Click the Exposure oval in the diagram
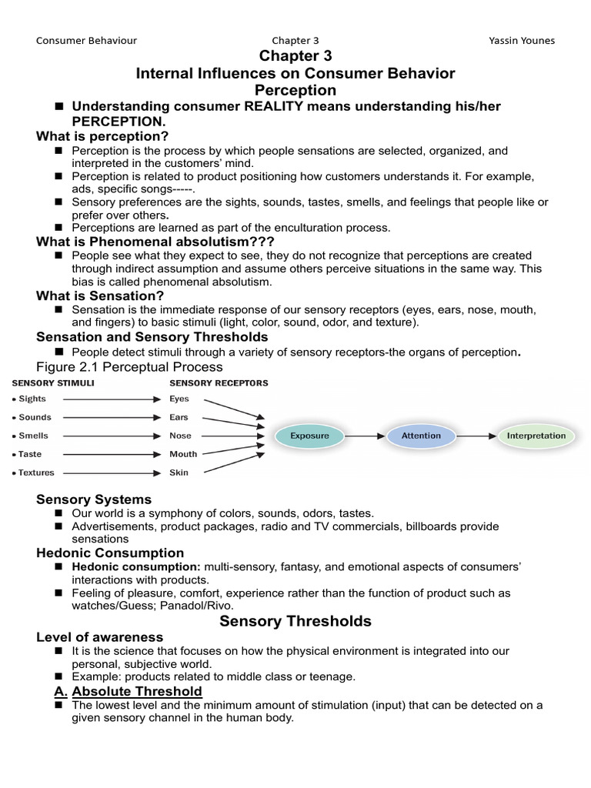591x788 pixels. (309, 436)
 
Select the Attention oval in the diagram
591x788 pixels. (421, 436)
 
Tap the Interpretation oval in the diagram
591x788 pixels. (536, 436)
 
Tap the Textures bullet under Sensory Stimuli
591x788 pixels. (34, 472)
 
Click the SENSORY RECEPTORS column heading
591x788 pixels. (219, 382)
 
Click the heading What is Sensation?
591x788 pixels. (100, 295)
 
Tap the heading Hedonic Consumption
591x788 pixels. (110, 553)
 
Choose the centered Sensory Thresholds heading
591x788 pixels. (295, 620)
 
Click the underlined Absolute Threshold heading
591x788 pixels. (136, 691)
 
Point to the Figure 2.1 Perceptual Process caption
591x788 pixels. (129, 366)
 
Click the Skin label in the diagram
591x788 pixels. (179, 472)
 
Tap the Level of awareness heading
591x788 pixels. (100, 636)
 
